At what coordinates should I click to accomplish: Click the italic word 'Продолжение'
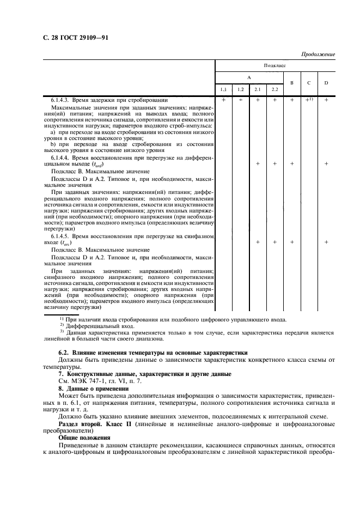(318, 54)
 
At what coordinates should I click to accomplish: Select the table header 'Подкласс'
(275, 64)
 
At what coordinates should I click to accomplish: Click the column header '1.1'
(223, 89)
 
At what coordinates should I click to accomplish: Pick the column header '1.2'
(240, 89)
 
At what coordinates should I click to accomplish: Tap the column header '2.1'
(258, 89)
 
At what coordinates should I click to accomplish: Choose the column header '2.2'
(275, 89)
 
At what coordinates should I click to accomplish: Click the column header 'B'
(292, 83)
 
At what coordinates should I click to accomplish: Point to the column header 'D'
(326, 83)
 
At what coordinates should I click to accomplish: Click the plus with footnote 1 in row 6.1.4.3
(308, 100)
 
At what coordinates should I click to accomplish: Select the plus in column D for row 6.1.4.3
(326, 100)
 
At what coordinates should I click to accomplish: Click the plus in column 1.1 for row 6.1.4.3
(223, 100)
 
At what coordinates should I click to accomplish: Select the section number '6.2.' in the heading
(64, 353)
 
